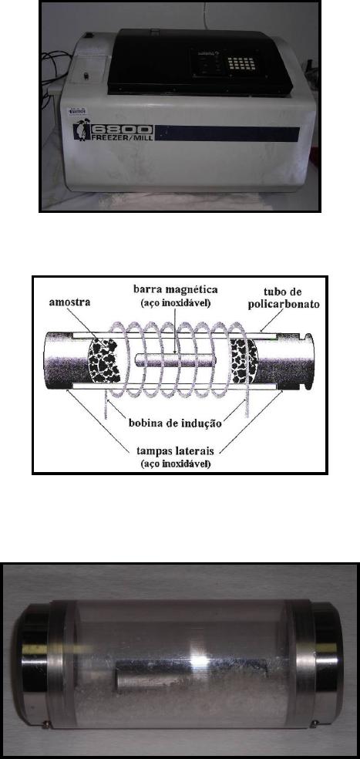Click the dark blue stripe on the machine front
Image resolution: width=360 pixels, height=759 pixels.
pos(227,133)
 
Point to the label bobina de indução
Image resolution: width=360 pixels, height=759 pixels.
pos(175,423)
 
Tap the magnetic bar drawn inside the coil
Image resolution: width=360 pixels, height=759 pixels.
pos(175,361)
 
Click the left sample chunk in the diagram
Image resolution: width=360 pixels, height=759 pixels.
pos(104,361)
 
